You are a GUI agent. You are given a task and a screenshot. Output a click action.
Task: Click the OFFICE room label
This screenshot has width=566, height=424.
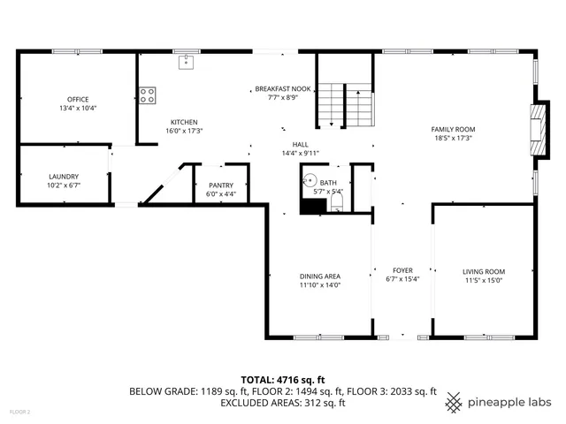click(78, 99)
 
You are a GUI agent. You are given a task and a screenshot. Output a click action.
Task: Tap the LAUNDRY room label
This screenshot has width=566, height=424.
click(64, 176)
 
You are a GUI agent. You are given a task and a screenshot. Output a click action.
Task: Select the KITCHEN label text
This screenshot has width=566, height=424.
click(184, 122)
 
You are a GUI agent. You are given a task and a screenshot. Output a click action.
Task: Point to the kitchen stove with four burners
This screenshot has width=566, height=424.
click(147, 94)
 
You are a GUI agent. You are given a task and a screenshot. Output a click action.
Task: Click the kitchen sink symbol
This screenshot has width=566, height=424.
click(186, 62)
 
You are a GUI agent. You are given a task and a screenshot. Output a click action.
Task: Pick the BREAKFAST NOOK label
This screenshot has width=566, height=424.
click(283, 89)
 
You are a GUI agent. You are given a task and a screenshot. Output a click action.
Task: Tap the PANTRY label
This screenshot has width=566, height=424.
click(221, 185)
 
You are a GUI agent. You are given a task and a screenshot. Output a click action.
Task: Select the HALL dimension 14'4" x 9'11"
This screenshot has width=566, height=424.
click(301, 153)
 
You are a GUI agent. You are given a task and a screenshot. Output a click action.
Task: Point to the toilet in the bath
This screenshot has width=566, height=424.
click(336, 206)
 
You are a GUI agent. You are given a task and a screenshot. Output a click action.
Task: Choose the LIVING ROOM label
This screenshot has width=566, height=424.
click(484, 271)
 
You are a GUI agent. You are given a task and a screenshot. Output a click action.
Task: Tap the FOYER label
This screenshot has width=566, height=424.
click(402, 271)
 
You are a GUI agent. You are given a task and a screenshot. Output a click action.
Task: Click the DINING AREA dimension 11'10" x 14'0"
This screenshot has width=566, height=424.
click(319, 284)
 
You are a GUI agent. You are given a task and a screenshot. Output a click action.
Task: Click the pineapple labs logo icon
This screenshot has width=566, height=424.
click(455, 402)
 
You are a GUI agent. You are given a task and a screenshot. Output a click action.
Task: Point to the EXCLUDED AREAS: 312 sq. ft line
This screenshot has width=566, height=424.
click(282, 403)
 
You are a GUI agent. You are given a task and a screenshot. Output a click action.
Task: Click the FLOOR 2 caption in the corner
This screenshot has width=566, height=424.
click(19, 412)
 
